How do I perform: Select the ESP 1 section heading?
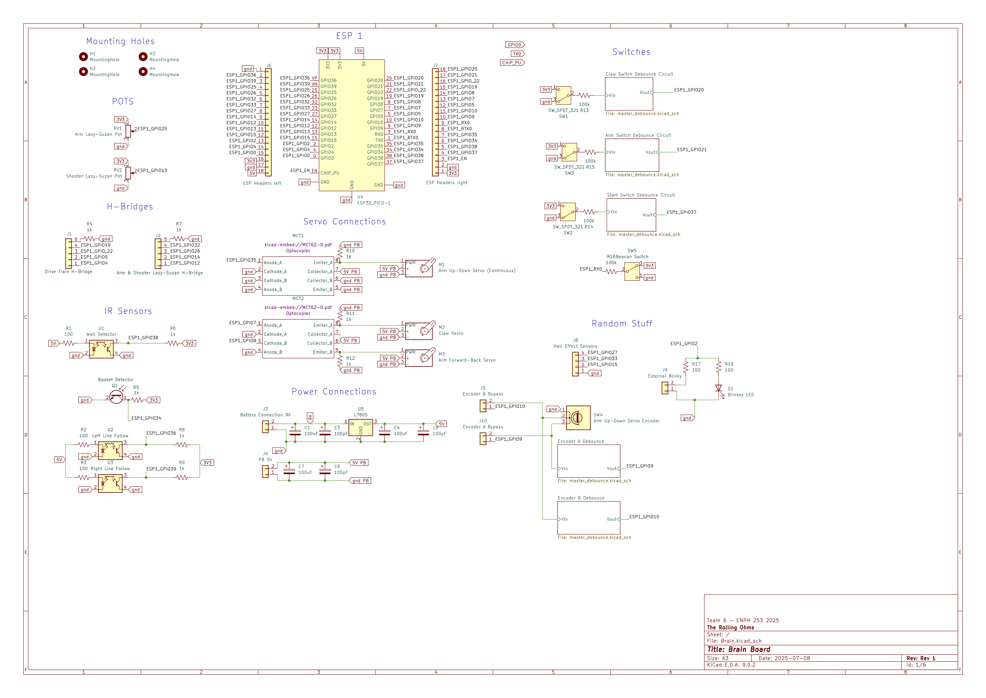point(349,36)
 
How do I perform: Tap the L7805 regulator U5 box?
point(361,428)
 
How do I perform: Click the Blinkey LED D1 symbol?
point(718,388)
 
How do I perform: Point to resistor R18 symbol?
point(718,367)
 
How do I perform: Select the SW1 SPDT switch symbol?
point(563,95)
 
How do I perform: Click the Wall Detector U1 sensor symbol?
point(101,349)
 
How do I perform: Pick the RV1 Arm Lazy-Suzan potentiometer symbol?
point(128,131)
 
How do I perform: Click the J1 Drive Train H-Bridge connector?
point(69,254)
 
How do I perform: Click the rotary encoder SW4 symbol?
point(578,417)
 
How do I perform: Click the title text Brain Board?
point(739,649)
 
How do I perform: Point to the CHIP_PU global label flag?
point(512,63)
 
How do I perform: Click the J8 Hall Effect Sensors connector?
point(575,364)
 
